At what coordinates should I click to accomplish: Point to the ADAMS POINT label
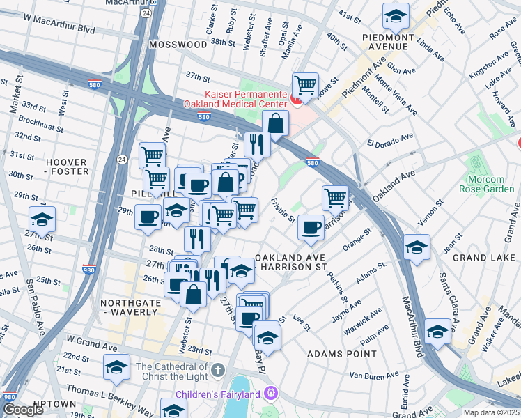click(342, 354)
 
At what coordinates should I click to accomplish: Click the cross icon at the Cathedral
click(218, 369)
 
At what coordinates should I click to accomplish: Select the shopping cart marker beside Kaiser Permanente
click(305, 86)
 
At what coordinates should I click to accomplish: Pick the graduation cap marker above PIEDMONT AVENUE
click(395, 15)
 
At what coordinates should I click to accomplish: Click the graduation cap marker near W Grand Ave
click(116, 366)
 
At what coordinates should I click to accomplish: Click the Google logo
click(22, 410)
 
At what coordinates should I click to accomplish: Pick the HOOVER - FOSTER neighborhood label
click(67, 167)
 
